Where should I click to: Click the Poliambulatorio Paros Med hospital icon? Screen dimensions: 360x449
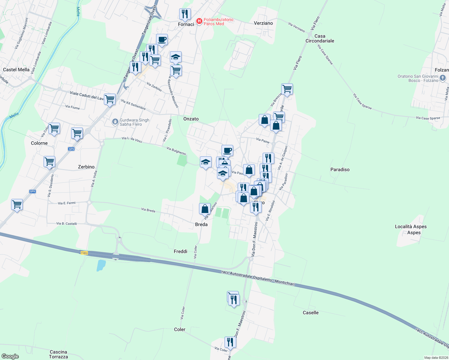(x=199, y=21)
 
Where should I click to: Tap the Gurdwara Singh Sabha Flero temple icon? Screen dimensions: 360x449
(x=115, y=122)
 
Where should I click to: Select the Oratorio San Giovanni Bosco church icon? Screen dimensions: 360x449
(x=443, y=78)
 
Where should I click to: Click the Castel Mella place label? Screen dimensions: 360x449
(x=16, y=70)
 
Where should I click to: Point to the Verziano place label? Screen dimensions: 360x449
(x=263, y=23)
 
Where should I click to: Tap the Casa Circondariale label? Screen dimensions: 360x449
(x=320, y=38)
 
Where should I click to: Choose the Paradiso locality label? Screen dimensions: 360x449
(x=340, y=169)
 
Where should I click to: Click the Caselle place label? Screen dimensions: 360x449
(x=311, y=313)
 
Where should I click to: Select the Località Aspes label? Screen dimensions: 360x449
(x=411, y=229)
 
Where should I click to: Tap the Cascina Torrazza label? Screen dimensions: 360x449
(x=59, y=354)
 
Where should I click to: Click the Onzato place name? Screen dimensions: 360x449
(x=191, y=119)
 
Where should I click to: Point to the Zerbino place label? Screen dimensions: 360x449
(x=86, y=167)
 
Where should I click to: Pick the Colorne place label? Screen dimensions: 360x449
(x=39, y=143)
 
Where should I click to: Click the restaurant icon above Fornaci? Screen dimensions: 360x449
(x=185, y=14)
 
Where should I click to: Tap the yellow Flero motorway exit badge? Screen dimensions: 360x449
(x=84, y=253)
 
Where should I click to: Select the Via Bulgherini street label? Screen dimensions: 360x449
(x=176, y=151)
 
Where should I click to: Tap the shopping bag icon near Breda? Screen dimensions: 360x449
(x=205, y=209)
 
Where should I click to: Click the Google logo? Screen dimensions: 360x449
(x=10, y=356)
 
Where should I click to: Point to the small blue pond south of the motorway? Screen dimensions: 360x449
(x=101, y=265)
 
